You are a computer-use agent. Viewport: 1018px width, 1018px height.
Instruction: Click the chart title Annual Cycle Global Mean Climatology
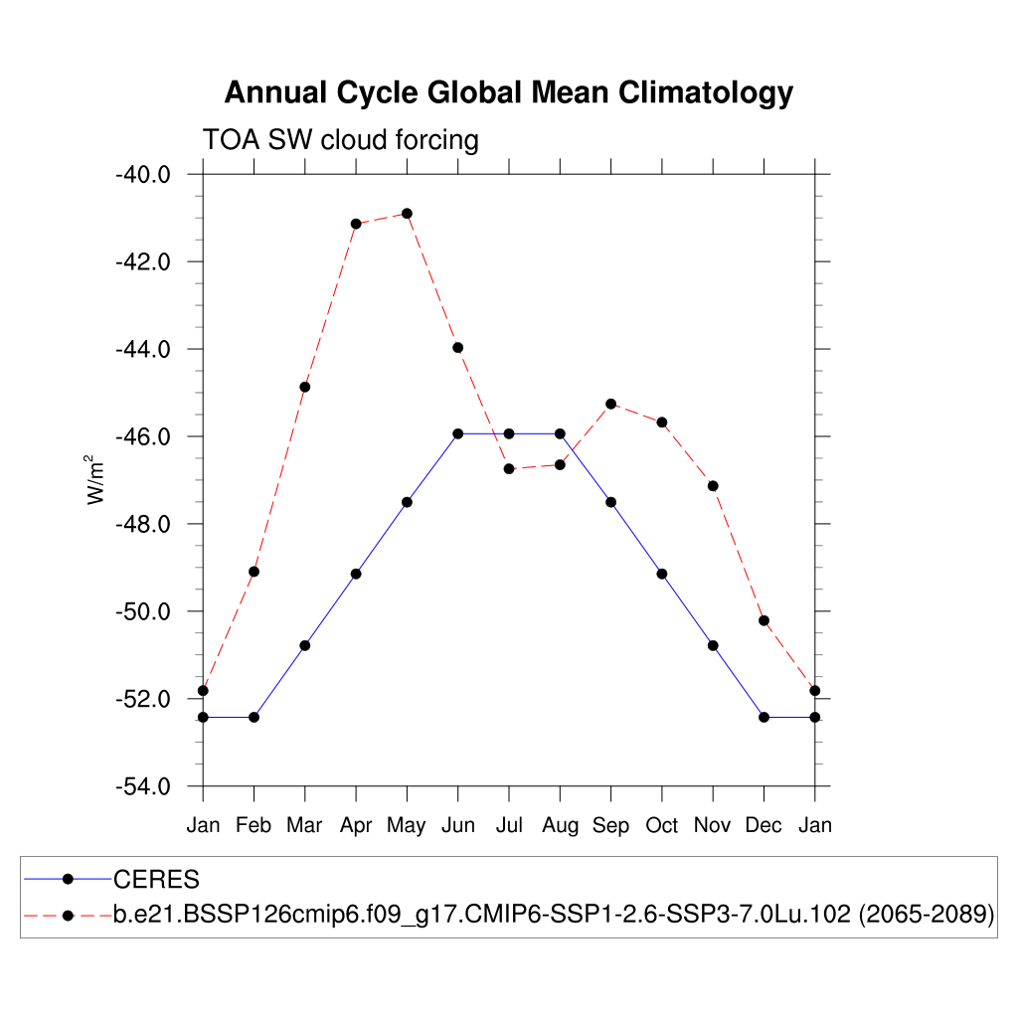[x=508, y=92]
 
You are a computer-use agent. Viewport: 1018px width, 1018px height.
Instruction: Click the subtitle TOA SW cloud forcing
[x=340, y=140]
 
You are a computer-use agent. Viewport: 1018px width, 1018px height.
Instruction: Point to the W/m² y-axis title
[x=96, y=479]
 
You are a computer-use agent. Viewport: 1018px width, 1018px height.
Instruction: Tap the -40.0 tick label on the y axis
[x=143, y=174]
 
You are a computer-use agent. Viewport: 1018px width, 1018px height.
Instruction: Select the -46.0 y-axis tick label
[x=143, y=436]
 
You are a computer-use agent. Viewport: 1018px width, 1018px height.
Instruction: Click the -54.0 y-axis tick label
[x=143, y=786]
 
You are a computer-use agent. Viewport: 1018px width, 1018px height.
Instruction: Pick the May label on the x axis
[x=407, y=825]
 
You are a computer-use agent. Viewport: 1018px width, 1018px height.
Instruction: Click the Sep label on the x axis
[x=610, y=825]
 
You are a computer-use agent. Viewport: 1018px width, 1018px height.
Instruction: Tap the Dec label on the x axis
[x=763, y=825]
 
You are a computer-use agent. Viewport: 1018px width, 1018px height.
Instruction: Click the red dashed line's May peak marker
[x=407, y=214]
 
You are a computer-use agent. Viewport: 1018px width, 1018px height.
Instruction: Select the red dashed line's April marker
[x=356, y=224]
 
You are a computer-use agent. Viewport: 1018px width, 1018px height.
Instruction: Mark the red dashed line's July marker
[x=509, y=468]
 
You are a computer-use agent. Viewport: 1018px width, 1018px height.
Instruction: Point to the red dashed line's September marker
[x=610, y=404]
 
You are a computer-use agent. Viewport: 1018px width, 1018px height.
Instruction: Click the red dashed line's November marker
[x=713, y=485]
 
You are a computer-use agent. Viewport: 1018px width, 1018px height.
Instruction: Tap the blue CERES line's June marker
[x=458, y=433]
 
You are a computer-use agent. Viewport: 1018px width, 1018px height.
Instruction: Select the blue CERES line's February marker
[x=254, y=717]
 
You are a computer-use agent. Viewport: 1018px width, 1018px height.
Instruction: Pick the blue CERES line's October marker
[x=662, y=574]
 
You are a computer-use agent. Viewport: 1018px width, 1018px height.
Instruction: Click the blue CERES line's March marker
[x=305, y=645]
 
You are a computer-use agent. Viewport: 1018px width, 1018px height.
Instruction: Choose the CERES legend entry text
[x=156, y=879]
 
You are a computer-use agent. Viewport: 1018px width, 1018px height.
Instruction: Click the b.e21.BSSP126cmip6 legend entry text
[x=554, y=915]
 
